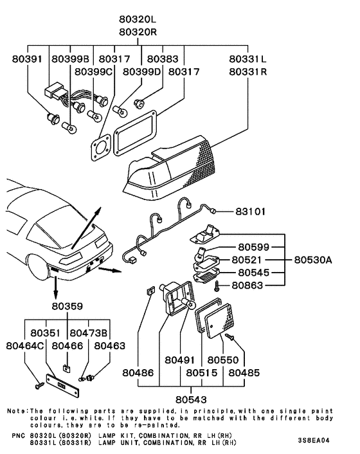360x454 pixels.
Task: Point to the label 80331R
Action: point(248,71)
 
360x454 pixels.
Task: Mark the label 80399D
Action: point(142,71)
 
